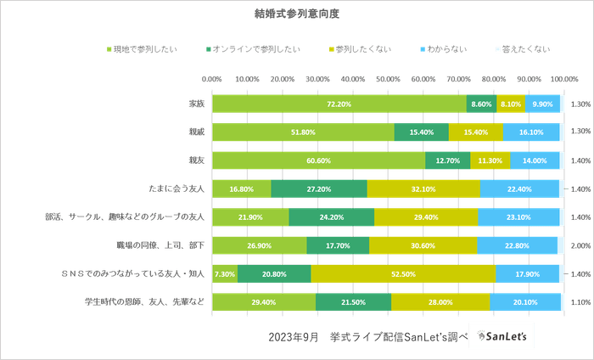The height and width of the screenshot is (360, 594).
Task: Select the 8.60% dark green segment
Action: click(x=481, y=104)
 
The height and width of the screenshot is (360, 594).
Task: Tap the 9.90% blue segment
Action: click(x=543, y=104)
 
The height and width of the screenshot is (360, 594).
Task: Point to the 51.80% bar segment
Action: click(x=303, y=132)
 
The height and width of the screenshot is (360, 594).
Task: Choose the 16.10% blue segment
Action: click(x=531, y=132)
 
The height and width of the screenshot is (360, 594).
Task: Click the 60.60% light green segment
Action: click(x=318, y=160)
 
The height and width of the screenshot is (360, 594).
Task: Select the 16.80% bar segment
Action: click(x=241, y=189)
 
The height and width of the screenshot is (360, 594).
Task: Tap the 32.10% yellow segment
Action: click(x=423, y=189)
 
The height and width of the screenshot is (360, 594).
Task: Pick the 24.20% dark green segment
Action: click(x=331, y=217)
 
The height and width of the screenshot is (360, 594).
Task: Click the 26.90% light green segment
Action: click(x=259, y=246)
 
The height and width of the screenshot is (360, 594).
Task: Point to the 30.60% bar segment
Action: click(x=423, y=246)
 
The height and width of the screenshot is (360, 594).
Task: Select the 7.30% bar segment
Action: click(x=225, y=274)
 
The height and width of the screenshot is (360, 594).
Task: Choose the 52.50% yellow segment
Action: click(x=402, y=274)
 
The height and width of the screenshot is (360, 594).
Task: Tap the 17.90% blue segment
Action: click(x=527, y=274)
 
